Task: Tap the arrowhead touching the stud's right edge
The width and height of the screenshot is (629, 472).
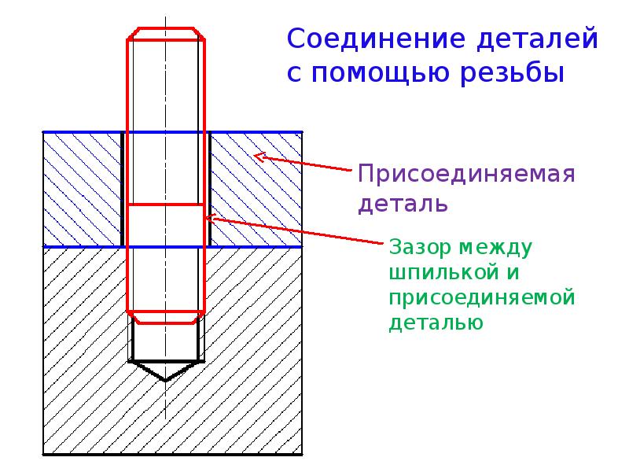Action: pos(211,218)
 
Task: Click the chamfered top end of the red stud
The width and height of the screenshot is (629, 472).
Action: pos(167,33)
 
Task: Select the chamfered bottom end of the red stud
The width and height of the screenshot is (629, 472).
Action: pos(167,316)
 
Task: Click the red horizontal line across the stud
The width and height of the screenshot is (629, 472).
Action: pos(167,205)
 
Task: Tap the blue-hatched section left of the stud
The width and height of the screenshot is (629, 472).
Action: pos(82,190)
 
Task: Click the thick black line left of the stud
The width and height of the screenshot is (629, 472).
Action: pos(122,190)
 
